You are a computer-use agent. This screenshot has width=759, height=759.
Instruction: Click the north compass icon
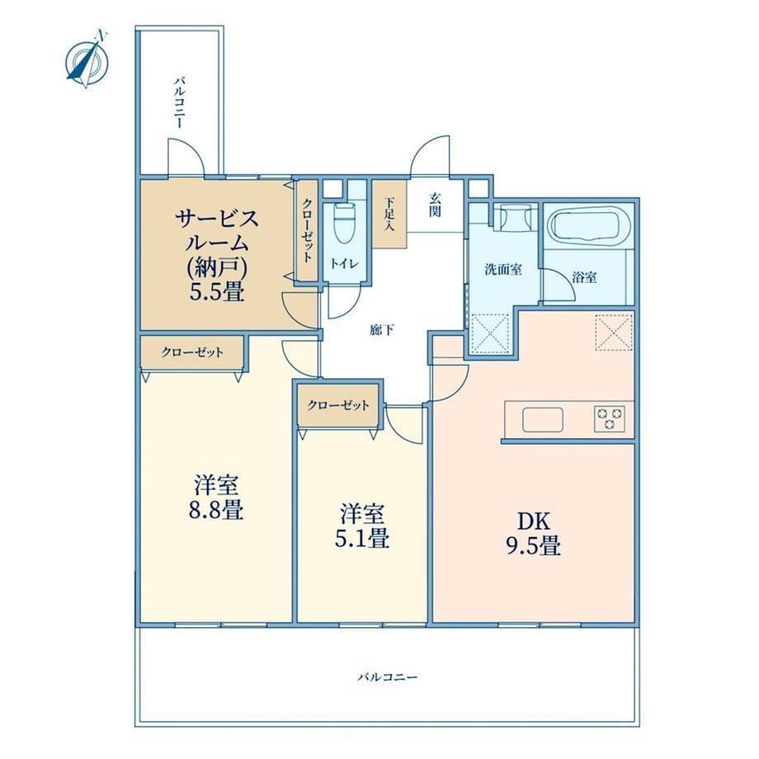(x=87, y=60)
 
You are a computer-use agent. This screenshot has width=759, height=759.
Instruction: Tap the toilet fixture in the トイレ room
(x=345, y=224)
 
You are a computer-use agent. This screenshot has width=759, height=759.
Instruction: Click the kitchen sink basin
(x=543, y=419)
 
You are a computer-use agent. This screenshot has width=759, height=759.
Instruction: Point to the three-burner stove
(x=610, y=419)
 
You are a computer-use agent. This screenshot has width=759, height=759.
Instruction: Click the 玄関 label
(x=435, y=205)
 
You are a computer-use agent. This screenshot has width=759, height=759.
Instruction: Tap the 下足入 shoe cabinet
(x=389, y=214)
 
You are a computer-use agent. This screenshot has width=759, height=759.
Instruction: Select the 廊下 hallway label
(x=381, y=331)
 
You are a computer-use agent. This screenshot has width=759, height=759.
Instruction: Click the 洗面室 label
(x=503, y=270)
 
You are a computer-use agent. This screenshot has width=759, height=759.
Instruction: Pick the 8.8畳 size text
(x=216, y=510)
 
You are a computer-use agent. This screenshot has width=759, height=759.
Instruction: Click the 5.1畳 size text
(x=362, y=538)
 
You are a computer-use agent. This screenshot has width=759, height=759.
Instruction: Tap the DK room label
(x=534, y=521)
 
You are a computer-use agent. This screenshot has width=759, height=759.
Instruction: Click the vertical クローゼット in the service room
(x=307, y=230)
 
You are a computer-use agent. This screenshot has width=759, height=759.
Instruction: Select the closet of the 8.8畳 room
(x=192, y=352)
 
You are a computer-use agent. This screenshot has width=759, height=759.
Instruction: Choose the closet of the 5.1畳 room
(x=338, y=406)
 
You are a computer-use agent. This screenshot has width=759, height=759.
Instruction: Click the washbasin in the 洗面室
(x=512, y=216)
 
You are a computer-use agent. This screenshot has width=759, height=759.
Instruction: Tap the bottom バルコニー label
(x=387, y=676)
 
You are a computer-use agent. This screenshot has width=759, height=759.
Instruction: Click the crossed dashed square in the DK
(x=615, y=332)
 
